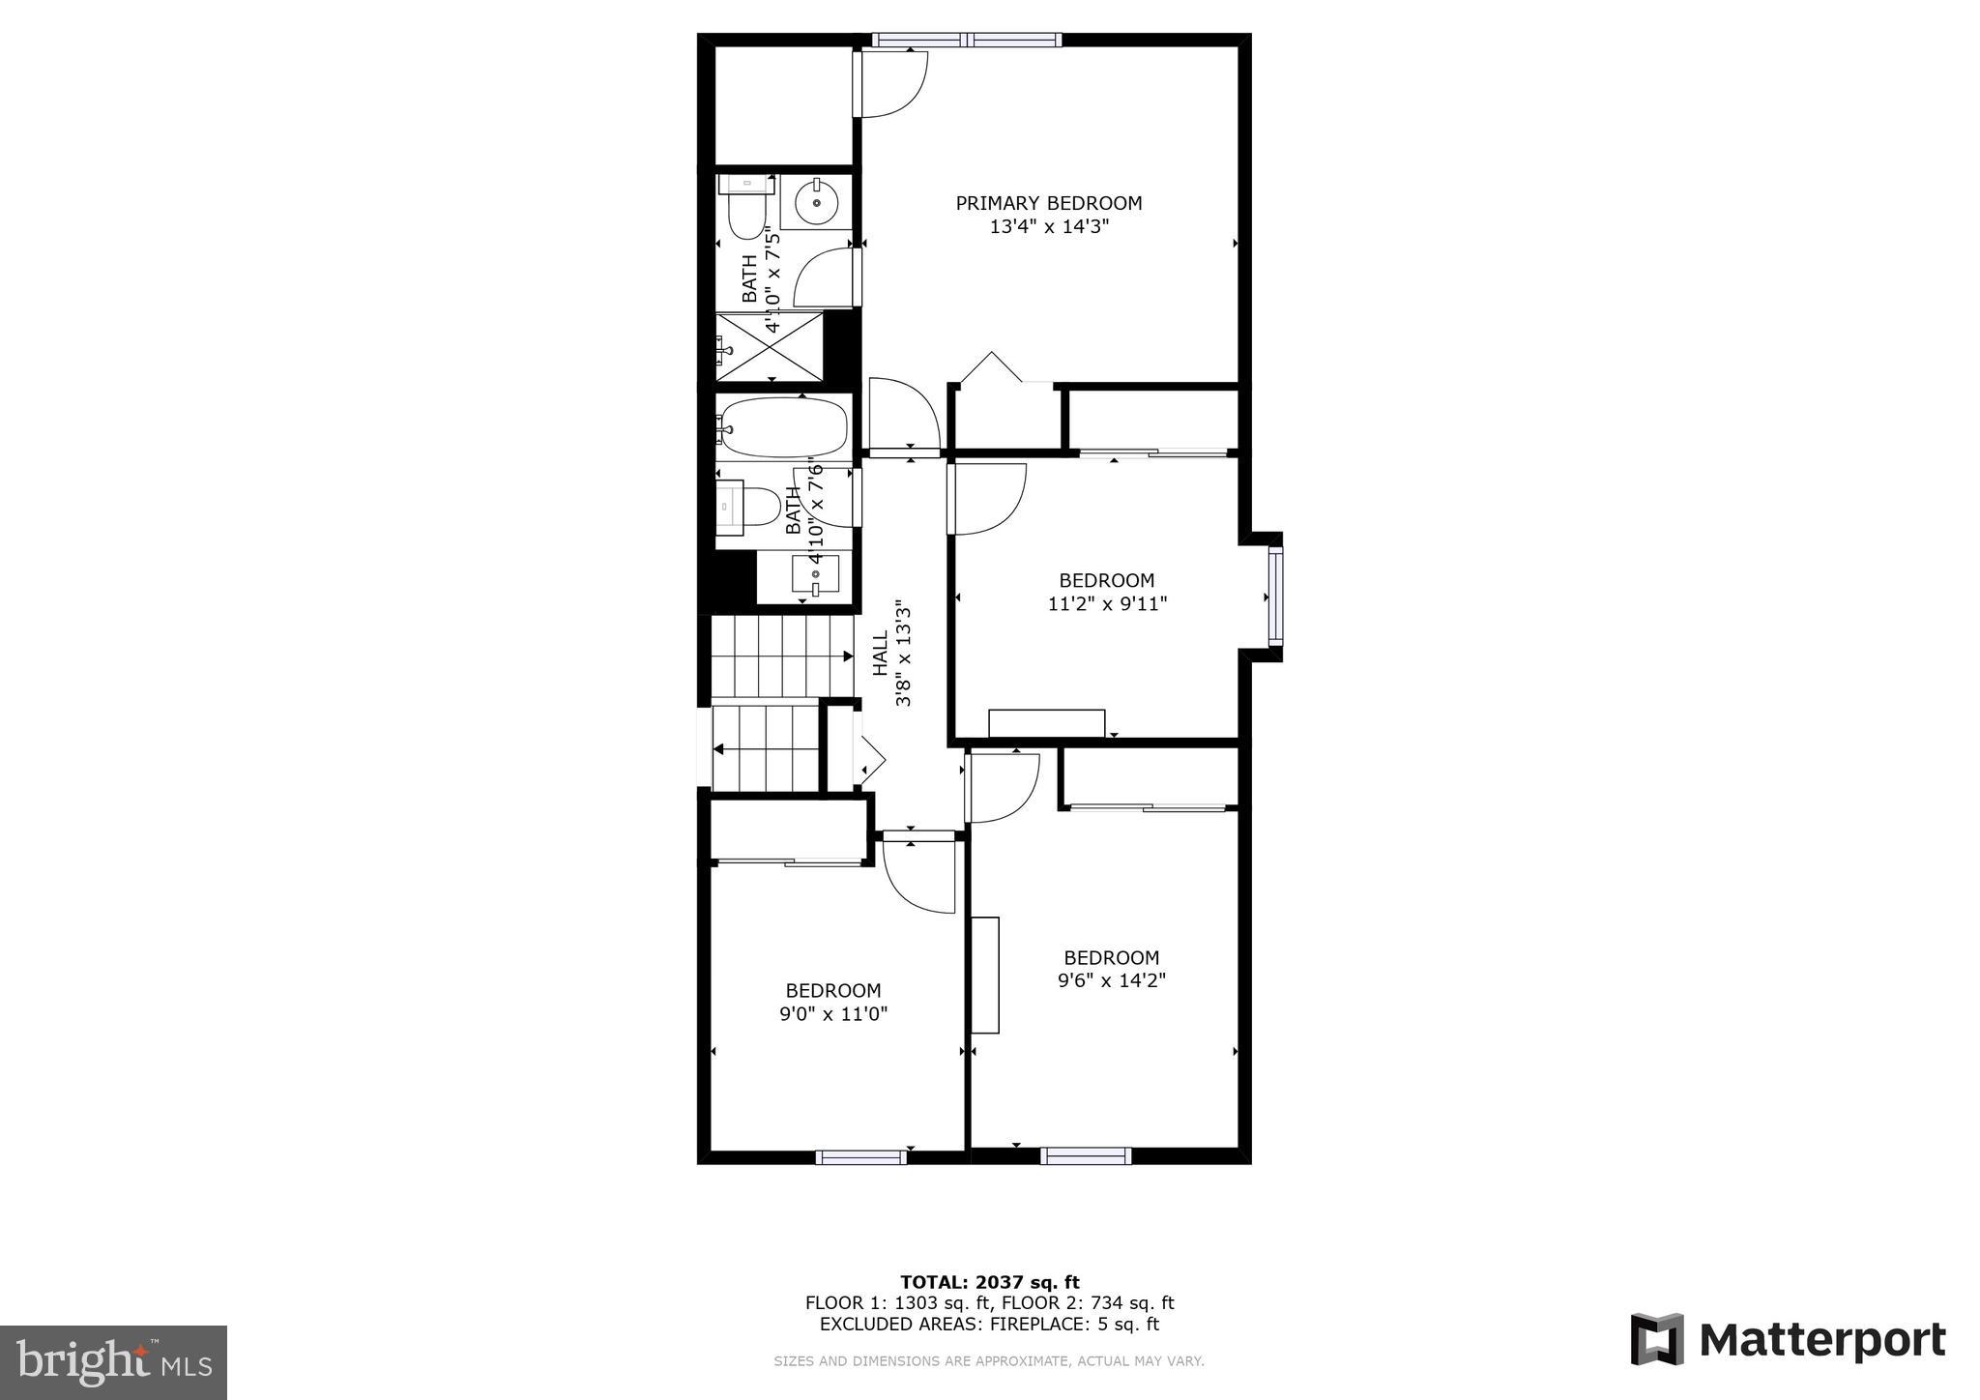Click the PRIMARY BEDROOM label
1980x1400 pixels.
[1048, 203]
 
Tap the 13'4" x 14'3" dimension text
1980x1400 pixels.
[1048, 227]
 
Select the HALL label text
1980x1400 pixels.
[881, 655]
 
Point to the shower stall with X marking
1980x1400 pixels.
[770, 346]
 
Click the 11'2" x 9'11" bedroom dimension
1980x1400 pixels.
[1107, 604]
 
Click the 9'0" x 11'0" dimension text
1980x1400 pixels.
[832, 1014]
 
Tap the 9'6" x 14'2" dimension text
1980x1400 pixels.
[1111, 980]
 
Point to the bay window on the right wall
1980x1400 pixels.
[1275, 596]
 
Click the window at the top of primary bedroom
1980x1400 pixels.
[966, 41]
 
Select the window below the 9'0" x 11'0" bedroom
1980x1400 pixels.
[860, 1156]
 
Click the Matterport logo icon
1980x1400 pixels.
[1657, 1339]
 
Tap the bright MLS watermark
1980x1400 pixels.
[113, 1362]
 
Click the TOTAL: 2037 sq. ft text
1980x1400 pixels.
[989, 1282]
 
